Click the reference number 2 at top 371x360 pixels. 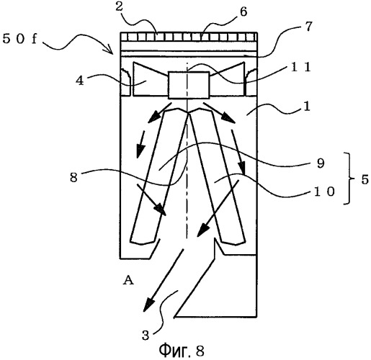119,7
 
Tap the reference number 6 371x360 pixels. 243,12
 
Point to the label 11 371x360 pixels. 301,67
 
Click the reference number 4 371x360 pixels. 80,81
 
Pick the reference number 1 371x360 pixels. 307,107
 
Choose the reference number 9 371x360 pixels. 321,163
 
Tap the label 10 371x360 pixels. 324,192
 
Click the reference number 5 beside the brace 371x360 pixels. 365,179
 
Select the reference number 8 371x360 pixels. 73,178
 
